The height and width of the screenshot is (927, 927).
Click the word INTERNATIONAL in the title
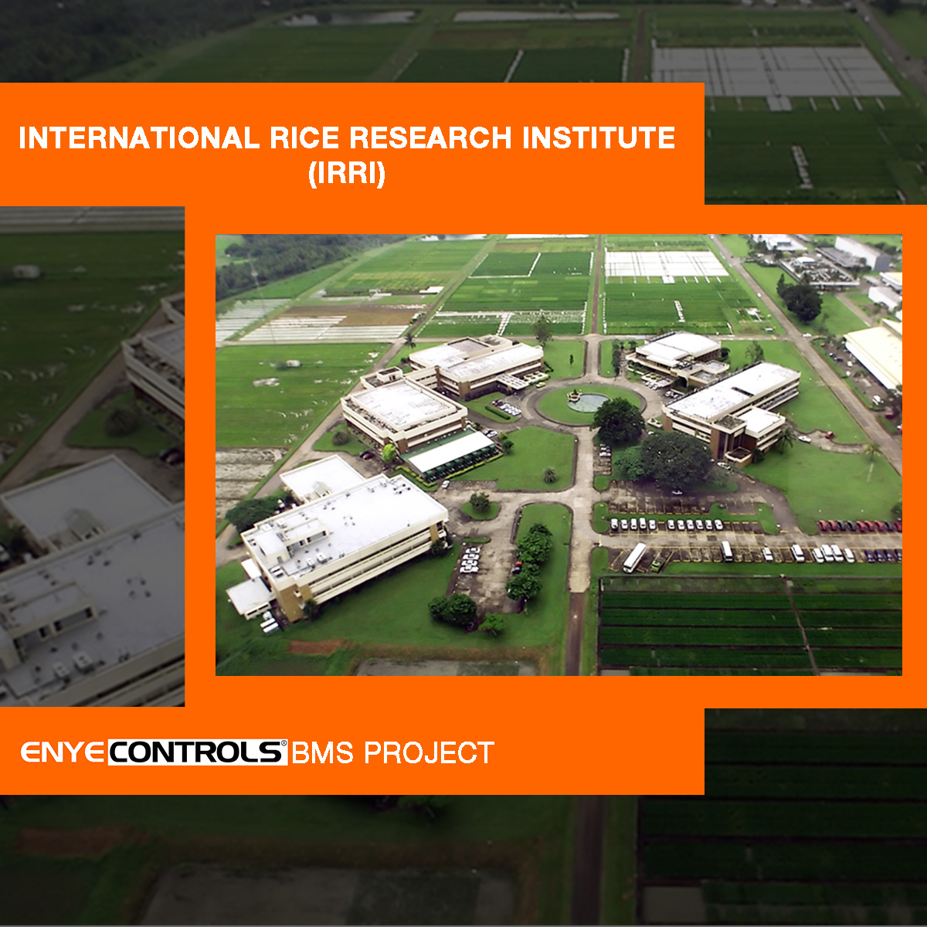[139, 138]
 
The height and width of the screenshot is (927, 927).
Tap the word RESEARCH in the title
[430, 138]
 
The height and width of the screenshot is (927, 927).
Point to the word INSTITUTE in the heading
[599, 138]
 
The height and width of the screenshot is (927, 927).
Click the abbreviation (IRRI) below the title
[347, 173]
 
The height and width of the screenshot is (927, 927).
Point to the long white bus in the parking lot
[634, 557]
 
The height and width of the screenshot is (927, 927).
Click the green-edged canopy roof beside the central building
[452, 452]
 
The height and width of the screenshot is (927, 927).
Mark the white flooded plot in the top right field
[665, 265]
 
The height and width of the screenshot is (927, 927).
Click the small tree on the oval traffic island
[480, 502]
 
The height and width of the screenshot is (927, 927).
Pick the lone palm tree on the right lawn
[871, 460]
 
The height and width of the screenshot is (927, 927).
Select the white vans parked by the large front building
[470, 560]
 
